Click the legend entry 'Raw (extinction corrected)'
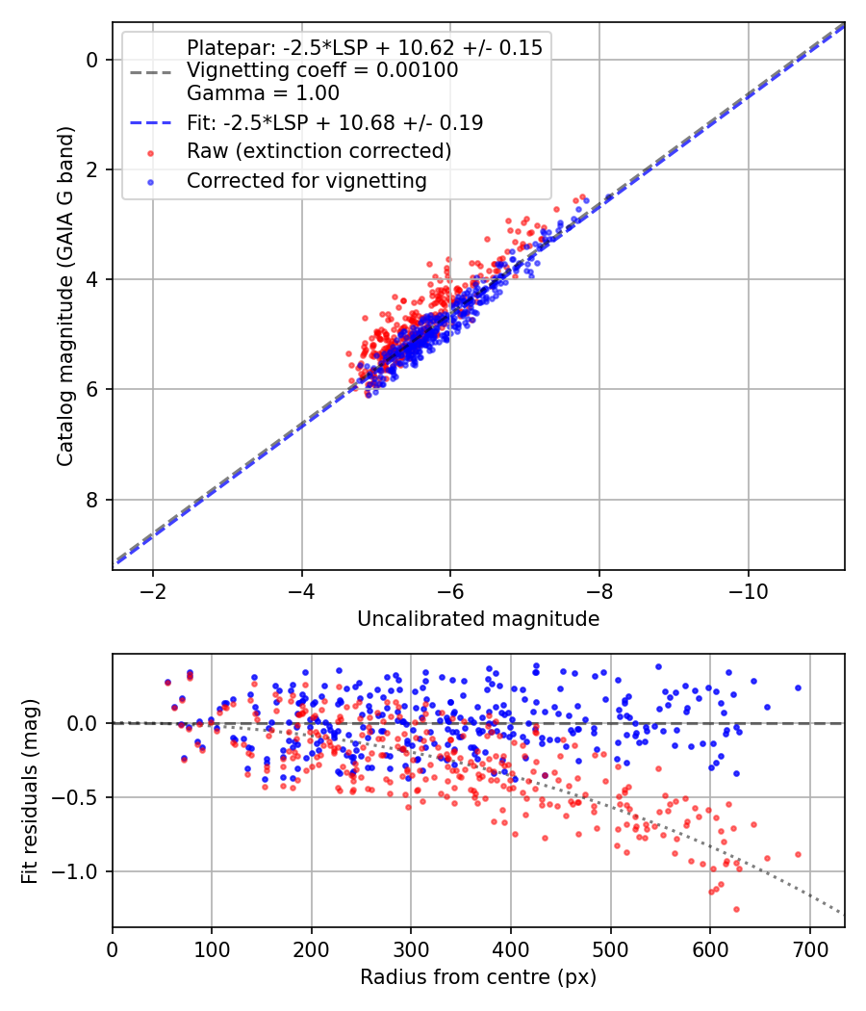pos(318,151)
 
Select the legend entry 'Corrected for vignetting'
pos(306,180)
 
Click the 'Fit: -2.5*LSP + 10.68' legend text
pos(335,122)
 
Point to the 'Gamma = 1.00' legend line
pos(263,93)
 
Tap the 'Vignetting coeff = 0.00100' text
pos(322,70)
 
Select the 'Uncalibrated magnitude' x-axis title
pos(478,619)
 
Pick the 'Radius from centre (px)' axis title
pos(478,977)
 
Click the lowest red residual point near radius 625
pos(736,909)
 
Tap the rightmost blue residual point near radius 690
pos(798,687)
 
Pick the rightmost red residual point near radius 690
pos(798,854)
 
